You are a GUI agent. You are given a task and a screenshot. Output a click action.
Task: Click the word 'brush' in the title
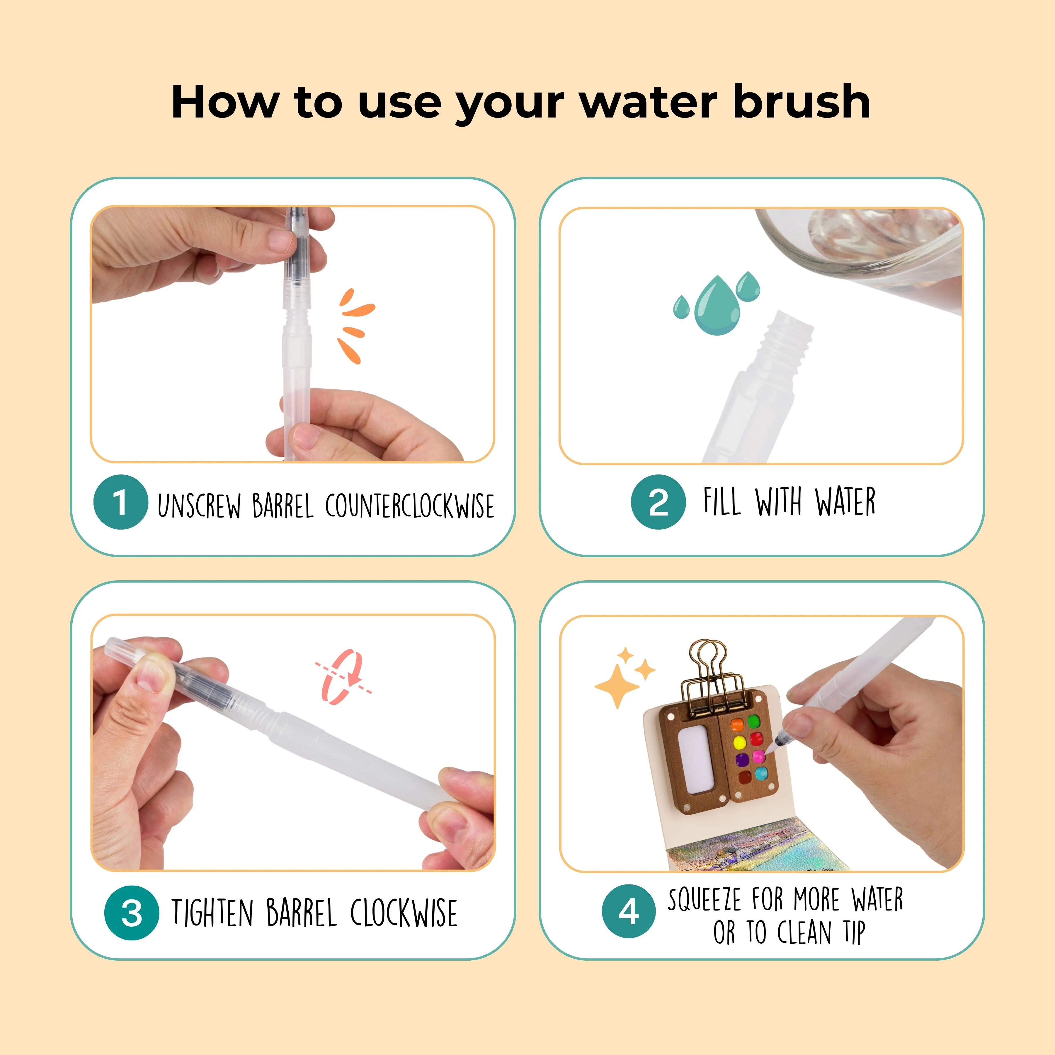802,102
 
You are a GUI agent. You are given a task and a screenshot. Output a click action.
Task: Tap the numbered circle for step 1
121,502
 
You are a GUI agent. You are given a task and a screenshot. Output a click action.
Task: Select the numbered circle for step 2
658,502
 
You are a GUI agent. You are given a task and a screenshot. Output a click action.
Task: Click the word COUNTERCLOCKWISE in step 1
410,506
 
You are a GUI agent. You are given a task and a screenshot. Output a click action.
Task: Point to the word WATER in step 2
845,501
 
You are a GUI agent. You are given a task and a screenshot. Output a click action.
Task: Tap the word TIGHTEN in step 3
212,913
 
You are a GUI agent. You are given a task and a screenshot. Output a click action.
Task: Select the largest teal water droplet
717,305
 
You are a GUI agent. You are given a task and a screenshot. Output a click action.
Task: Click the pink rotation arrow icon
343,677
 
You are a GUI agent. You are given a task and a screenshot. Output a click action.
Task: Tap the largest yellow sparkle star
617,686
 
